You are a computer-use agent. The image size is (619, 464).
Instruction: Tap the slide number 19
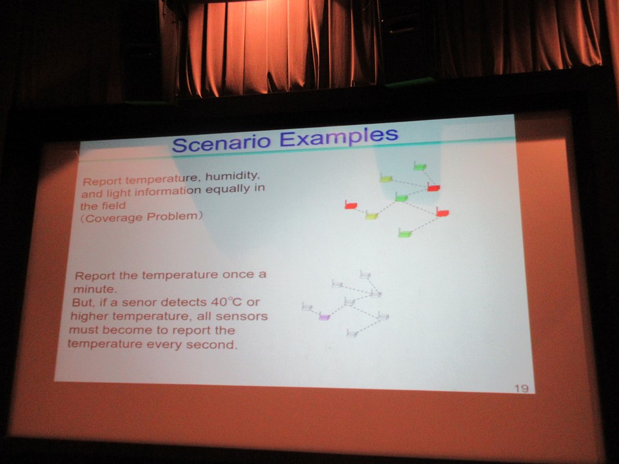coord(521,388)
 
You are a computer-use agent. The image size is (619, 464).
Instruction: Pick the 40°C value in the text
coord(226,302)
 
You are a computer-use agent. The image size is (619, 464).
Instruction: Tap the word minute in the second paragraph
coord(95,289)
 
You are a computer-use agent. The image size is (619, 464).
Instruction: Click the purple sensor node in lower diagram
coord(324,316)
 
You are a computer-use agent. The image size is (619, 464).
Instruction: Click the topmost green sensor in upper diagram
coord(419,166)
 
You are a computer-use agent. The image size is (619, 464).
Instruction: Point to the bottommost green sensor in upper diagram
coord(405,233)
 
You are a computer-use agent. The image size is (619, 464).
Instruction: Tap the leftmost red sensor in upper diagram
coord(351,205)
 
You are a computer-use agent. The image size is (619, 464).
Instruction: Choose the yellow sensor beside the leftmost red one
coord(371,215)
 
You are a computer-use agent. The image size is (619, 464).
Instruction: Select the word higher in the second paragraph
coord(90,316)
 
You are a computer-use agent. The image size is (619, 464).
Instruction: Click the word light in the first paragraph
coord(118,193)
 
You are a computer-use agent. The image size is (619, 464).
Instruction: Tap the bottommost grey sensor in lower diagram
coord(352,333)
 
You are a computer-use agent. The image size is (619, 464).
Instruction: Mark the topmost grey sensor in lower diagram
coord(365,275)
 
